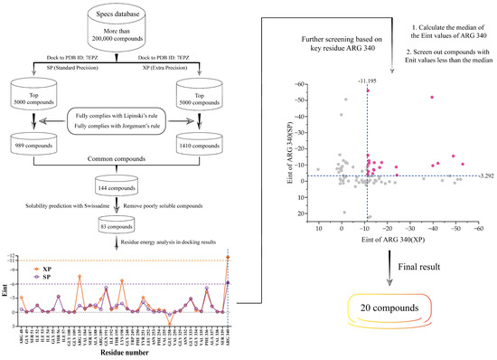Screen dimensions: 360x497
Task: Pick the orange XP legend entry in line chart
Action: click(x=39, y=270)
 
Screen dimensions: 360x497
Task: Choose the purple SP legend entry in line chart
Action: click(x=39, y=279)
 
